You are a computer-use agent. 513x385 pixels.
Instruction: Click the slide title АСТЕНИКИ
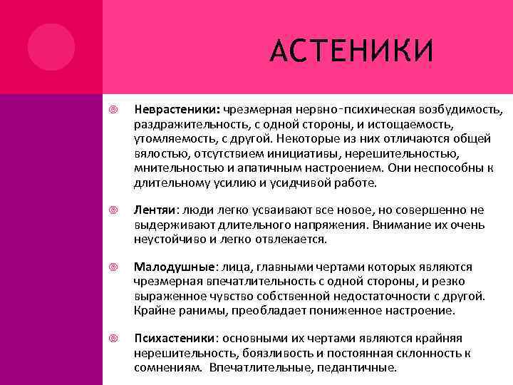(x=352, y=51)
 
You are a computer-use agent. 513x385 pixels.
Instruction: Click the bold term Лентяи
(x=154, y=210)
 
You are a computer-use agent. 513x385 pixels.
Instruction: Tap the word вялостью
(x=156, y=153)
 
